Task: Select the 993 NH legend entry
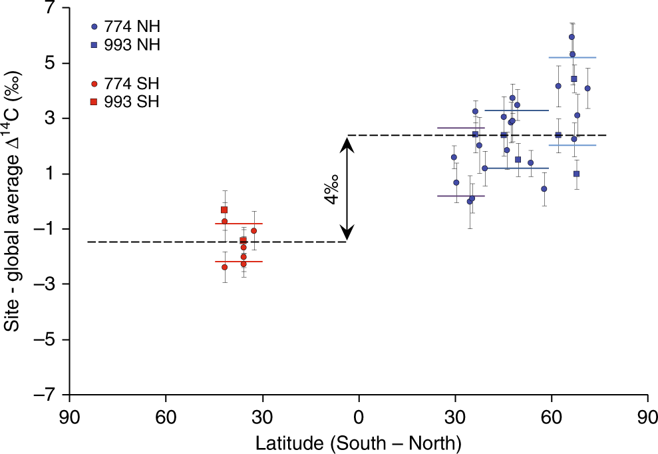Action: coord(126,45)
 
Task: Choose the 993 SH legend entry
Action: coord(126,101)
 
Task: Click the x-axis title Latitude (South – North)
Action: coord(359,440)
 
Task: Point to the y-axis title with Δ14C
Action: coord(15,200)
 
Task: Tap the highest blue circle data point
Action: coord(572,37)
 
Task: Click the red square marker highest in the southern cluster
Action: coord(224,210)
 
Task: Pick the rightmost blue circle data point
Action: coord(587,88)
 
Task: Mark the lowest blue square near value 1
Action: coord(576,174)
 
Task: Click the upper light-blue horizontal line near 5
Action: coord(572,58)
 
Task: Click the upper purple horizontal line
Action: coord(460,128)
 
